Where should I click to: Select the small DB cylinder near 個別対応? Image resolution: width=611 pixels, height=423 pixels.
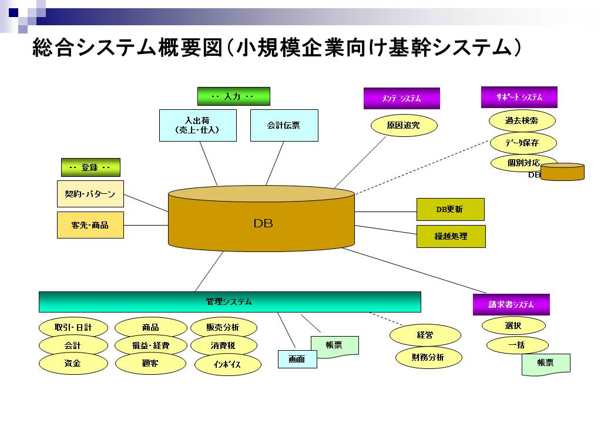[x=562, y=172]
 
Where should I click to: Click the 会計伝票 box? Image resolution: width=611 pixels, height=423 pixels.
[x=284, y=125]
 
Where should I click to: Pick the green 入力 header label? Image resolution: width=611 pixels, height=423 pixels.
[x=233, y=96]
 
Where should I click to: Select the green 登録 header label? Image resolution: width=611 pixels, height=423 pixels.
[x=90, y=167]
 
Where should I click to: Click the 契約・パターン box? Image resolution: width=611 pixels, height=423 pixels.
[x=90, y=194]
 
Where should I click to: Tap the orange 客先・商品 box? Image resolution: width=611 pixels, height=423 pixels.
[x=90, y=225]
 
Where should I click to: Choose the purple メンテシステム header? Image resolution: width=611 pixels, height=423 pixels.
[x=401, y=99]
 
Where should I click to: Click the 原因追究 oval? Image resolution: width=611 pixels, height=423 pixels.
[x=404, y=125]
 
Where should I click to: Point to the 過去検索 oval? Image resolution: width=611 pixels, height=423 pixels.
[x=522, y=120]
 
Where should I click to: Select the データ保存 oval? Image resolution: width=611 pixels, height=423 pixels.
[x=522, y=143]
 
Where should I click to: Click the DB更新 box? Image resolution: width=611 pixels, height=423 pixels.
[x=450, y=209]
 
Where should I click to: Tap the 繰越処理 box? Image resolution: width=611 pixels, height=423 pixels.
[x=451, y=236]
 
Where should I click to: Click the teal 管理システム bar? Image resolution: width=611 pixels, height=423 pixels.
[x=230, y=302]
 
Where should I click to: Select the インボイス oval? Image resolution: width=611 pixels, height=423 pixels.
[x=227, y=365]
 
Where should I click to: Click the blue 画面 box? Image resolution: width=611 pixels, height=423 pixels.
[x=297, y=359]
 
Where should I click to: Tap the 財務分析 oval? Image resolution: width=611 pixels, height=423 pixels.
[x=428, y=357]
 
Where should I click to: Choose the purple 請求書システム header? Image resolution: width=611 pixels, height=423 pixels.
[x=511, y=304]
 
